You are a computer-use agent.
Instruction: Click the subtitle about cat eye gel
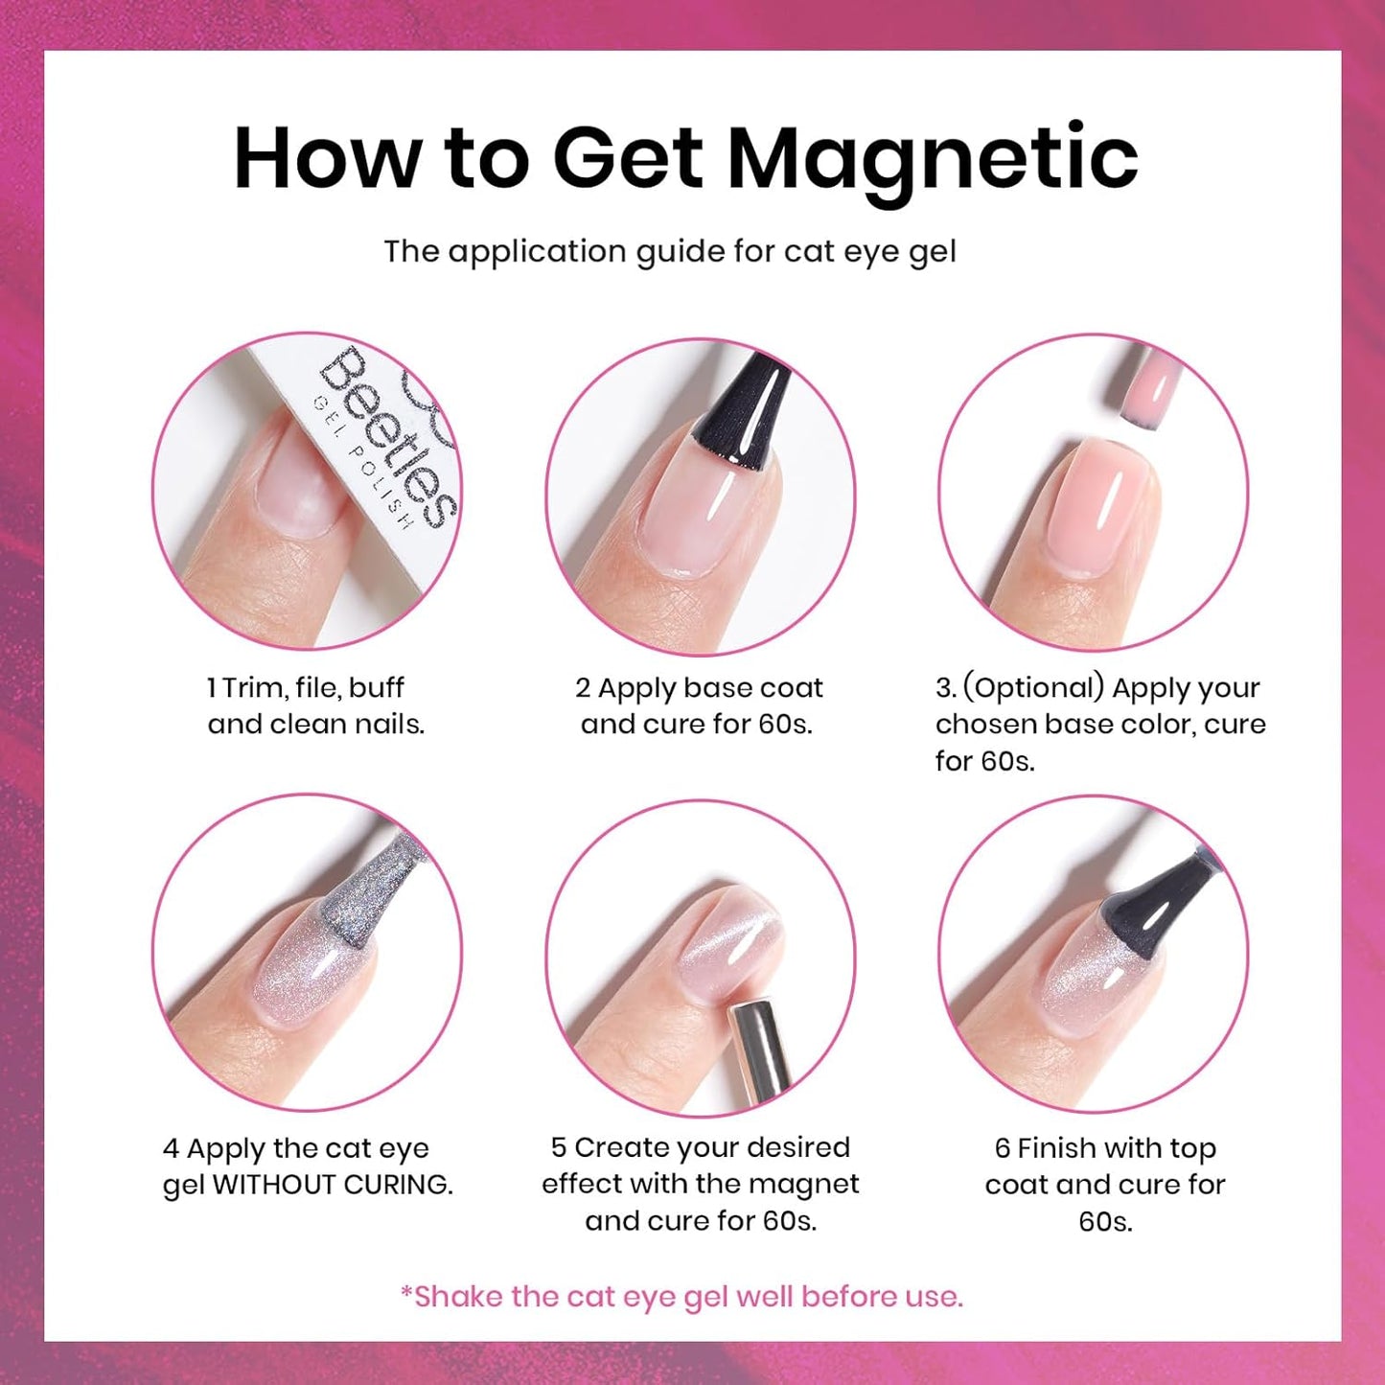click(x=670, y=251)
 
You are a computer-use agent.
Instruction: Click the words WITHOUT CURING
click(x=333, y=1185)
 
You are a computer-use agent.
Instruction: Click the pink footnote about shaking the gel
click(x=681, y=1297)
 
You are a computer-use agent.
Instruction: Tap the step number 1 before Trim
click(x=212, y=688)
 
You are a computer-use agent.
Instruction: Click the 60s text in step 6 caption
click(x=1105, y=1221)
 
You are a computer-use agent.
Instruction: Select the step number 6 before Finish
click(x=1003, y=1148)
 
